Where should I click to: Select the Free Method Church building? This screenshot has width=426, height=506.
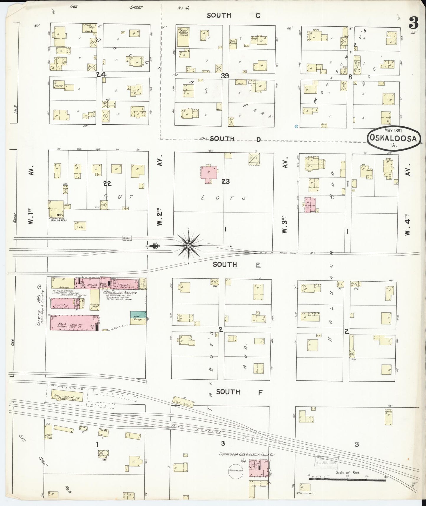point(182,37)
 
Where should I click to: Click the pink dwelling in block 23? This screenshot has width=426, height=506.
point(209,173)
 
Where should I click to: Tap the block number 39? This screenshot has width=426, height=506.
point(225,76)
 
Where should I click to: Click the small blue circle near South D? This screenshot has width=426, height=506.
point(296,126)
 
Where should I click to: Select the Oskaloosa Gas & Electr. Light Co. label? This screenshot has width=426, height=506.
point(246,463)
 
